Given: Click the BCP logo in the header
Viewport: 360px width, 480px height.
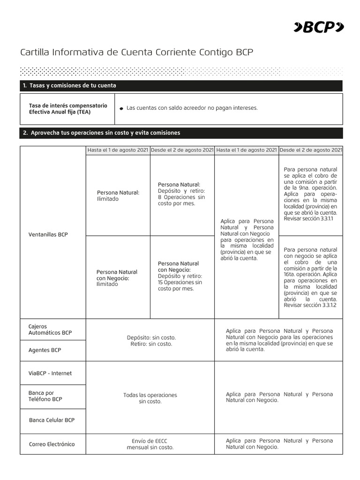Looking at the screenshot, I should tap(318, 28).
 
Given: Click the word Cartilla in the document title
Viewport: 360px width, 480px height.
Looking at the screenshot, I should tap(34, 52).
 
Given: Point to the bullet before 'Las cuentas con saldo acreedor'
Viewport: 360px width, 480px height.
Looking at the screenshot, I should tap(121, 108).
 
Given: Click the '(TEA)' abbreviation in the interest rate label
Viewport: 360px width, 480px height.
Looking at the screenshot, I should tap(81, 112).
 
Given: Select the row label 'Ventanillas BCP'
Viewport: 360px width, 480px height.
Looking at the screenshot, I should tap(48, 234).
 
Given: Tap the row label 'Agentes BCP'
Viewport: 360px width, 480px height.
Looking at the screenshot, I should tap(45, 350).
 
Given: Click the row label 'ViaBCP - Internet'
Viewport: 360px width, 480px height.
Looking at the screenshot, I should tap(50, 374).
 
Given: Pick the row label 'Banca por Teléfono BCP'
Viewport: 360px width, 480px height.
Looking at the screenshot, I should tap(45, 396).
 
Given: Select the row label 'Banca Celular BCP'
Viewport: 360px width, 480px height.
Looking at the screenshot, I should tap(52, 420).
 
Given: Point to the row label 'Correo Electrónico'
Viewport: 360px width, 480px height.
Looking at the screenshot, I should tap(52, 444).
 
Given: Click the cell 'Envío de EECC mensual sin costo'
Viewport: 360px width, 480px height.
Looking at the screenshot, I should tap(150, 444).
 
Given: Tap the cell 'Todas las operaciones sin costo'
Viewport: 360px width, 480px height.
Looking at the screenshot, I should tap(150, 398).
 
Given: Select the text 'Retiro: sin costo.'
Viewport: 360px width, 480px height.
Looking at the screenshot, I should tap(150, 344).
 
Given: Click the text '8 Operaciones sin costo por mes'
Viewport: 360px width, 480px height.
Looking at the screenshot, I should tap(181, 201).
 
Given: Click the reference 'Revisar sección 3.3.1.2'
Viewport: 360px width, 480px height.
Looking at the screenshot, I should tap(310, 305).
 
